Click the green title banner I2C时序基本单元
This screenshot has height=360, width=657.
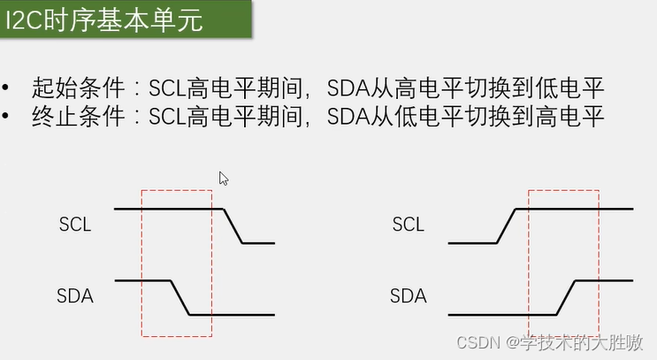[x=126, y=19]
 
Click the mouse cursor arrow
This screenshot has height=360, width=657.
[x=224, y=179]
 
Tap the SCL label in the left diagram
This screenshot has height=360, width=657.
[x=75, y=225]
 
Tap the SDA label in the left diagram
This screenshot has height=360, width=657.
[x=75, y=296]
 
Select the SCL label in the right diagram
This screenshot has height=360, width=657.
[x=409, y=225]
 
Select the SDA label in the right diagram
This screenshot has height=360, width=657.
[x=409, y=296]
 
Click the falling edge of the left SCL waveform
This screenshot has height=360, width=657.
[x=233, y=226]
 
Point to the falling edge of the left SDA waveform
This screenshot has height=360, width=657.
[x=180, y=297]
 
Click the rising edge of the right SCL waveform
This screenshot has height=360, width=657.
[x=506, y=226]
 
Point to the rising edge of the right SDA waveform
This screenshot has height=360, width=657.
[x=566, y=297]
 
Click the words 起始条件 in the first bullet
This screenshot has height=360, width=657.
[x=79, y=88]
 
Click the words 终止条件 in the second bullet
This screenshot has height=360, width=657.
[x=79, y=117]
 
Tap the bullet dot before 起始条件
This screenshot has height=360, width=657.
[x=5, y=88]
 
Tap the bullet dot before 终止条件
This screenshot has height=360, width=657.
[x=5, y=116]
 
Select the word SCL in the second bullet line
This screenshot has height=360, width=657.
[x=167, y=117]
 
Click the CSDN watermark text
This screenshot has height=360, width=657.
[x=549, y=343]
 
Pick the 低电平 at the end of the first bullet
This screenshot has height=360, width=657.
[x=569, y=88]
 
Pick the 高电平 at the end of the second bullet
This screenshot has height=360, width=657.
[x=569, y=117]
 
